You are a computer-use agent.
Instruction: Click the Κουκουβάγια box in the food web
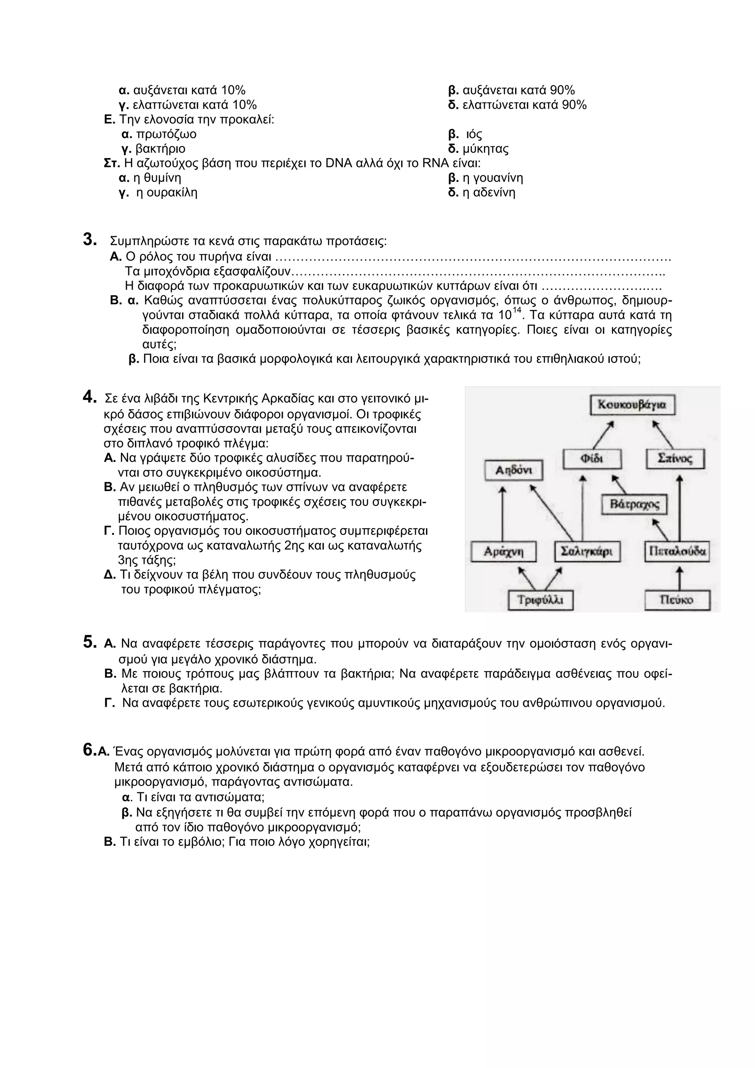click(632, 405)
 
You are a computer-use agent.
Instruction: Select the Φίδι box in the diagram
click(592, 459)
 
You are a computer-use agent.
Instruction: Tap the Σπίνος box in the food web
click(675, 459)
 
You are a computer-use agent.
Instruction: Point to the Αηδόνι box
click(514, 470)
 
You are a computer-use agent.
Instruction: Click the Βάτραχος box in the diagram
click(634, 505)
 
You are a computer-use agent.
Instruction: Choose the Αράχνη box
click(503, 552)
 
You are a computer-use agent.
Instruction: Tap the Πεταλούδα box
click(677, 552)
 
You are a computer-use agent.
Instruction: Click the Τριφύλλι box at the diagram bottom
click(540, 600)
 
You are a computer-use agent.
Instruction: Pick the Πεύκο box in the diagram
click(677, 600)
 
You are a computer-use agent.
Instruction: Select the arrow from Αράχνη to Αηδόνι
click(502, 514)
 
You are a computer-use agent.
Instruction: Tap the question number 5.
click(89, 642)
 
